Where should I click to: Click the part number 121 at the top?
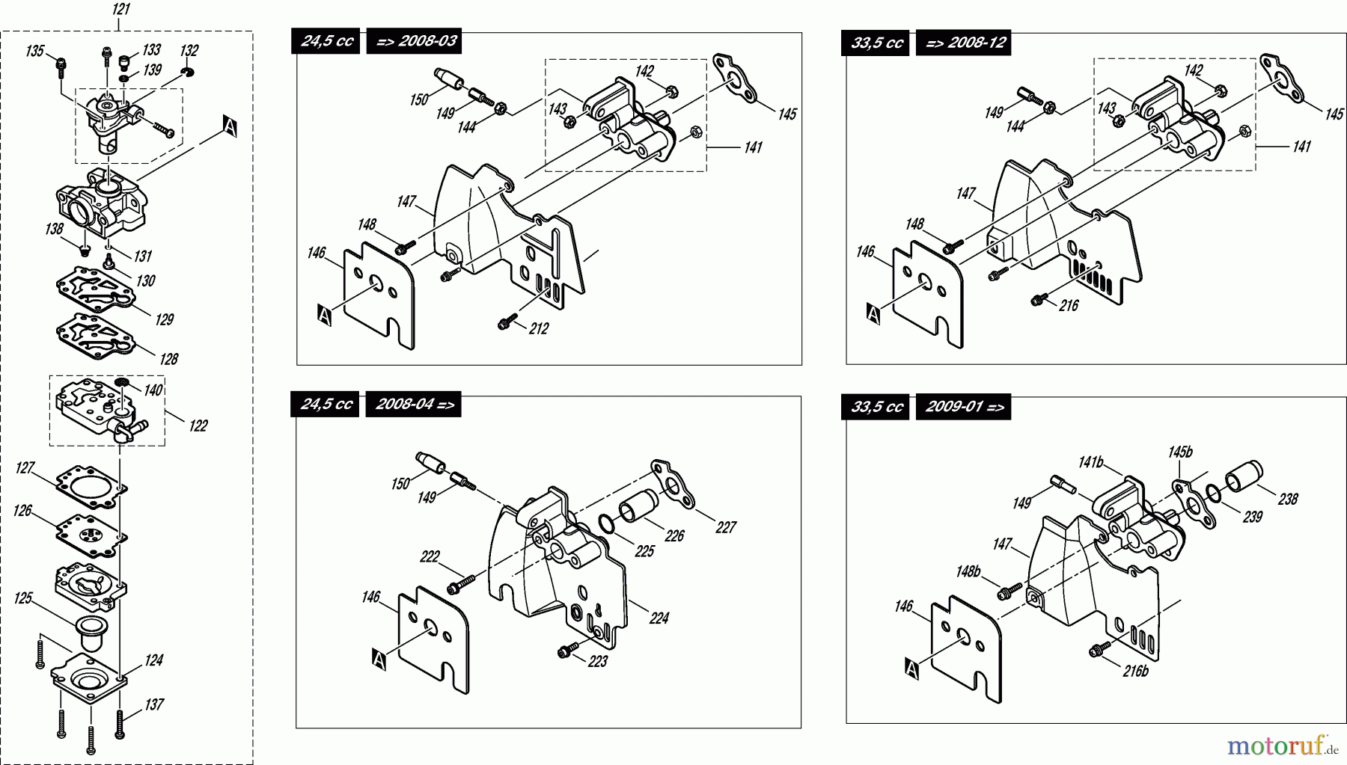[x=120, y=10]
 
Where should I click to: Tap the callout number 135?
[x=35, y=51]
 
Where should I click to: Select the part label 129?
[x=165, y=320]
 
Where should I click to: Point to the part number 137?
[x=153, y=704]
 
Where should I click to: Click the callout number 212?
[x=538, y=329]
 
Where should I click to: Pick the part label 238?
[x=1288, y=499]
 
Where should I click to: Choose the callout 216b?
[x=1135, y=672]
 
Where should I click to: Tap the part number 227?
[x=726, y=527]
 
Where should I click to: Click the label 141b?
[x=1091, y=463]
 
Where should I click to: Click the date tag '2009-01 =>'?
[x=964, y=407]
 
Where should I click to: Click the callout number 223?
[x=597, y=662]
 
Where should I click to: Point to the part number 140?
[x=153, y=390]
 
